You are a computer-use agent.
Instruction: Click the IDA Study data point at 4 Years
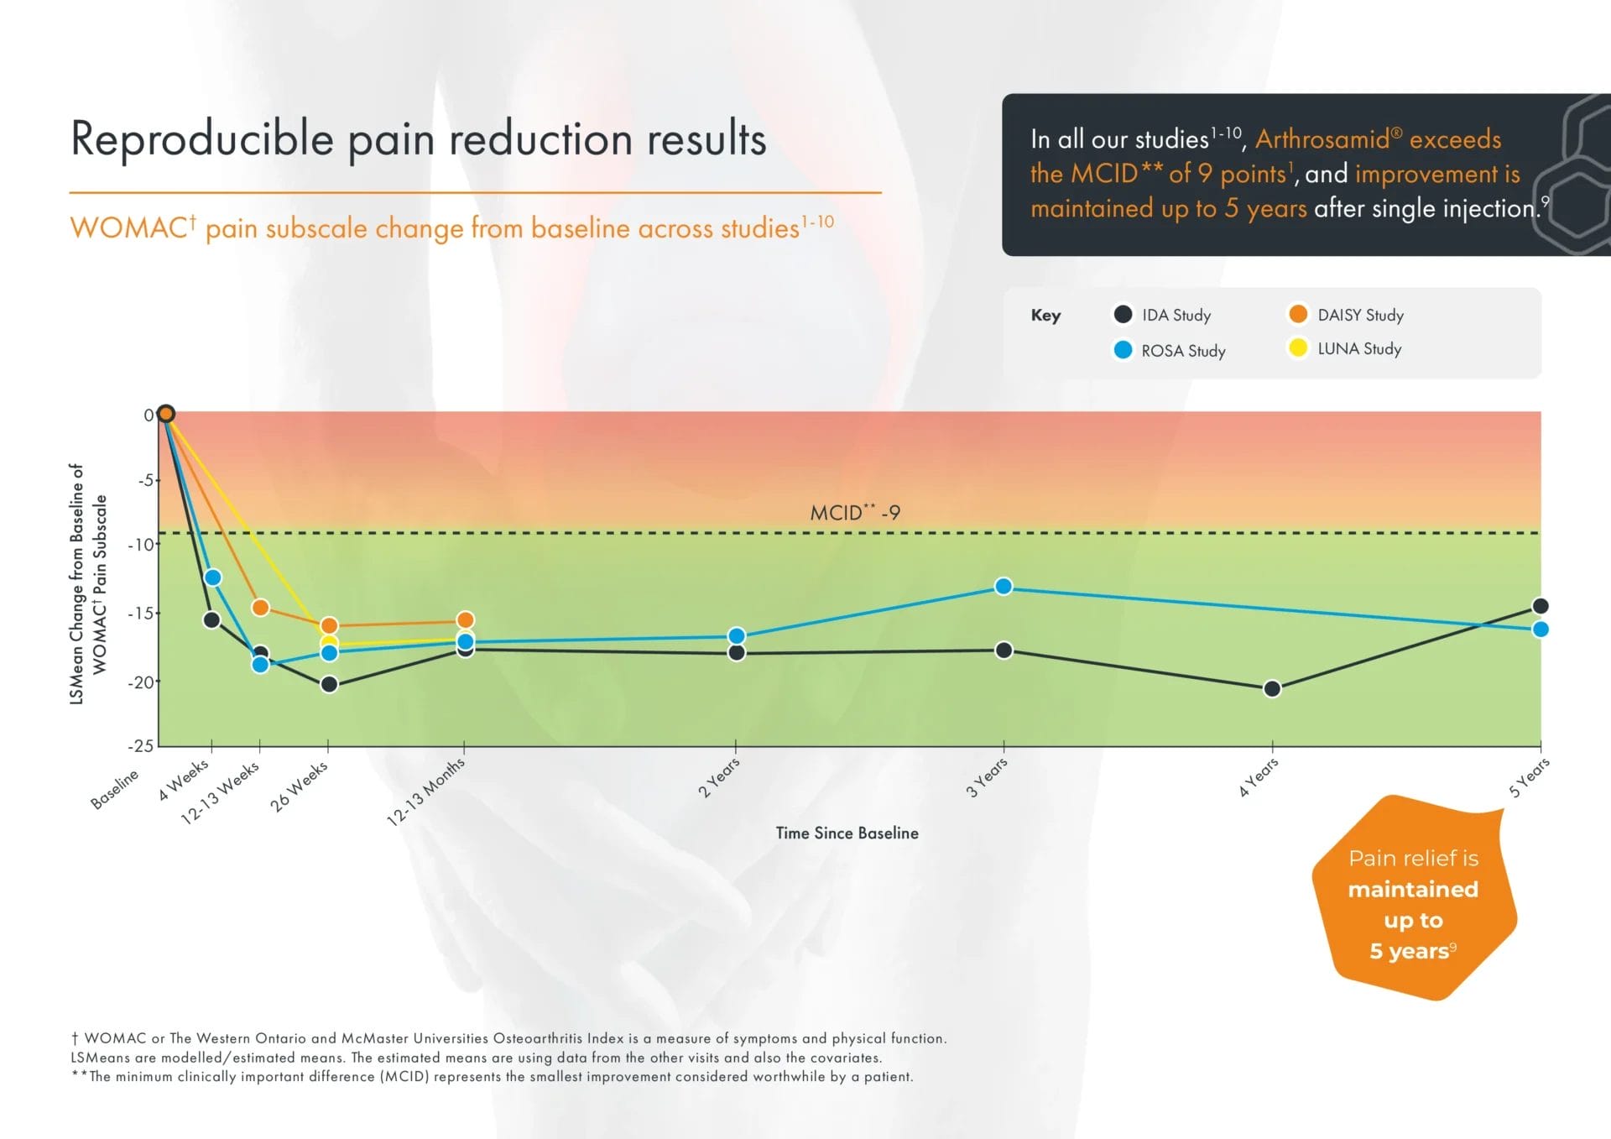[x=1272, y=688]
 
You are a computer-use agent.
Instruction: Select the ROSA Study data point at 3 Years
[x=1004, y=586]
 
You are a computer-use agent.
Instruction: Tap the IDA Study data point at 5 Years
[x=1541, y=606]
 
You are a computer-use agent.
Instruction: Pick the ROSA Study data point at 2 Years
[x=737, y=636]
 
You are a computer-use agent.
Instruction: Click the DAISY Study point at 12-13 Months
[x=465, y=620]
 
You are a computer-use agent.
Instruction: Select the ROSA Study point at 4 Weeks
[x=213, y=577]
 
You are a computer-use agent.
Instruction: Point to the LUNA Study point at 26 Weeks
[x=329, y=643]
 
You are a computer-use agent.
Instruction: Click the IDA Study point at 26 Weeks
[x=330, y=684]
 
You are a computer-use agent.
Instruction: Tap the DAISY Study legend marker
[x=1298, y=314]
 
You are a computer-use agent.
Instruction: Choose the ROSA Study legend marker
[x=1123, y=350]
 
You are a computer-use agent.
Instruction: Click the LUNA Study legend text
[x=1359, y=348]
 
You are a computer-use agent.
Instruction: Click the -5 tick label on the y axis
[x=147, y=480]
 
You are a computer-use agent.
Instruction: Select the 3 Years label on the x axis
[x=987, y=777]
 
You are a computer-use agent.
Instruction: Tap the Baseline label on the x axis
[x=115, y=788]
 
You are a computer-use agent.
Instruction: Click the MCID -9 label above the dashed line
[x=854, y=512]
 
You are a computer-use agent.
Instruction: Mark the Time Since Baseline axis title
[x=847, y=833]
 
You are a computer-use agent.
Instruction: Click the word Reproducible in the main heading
[x=202, y=139]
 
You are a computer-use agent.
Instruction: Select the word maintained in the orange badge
[x=1413, y=889]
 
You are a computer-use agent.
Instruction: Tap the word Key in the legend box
[x=1045, y=316]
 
